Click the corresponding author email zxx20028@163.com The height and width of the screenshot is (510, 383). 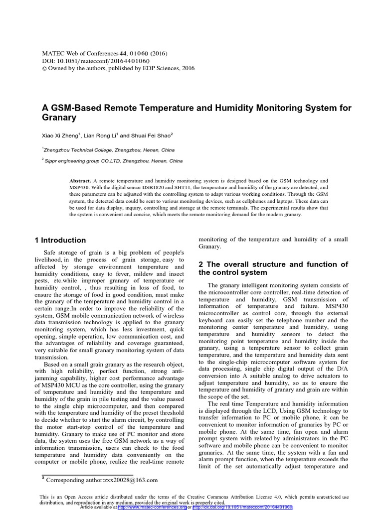131,480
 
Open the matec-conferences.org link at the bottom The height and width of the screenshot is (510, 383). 152,507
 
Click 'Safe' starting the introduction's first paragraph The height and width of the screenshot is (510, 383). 52,253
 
